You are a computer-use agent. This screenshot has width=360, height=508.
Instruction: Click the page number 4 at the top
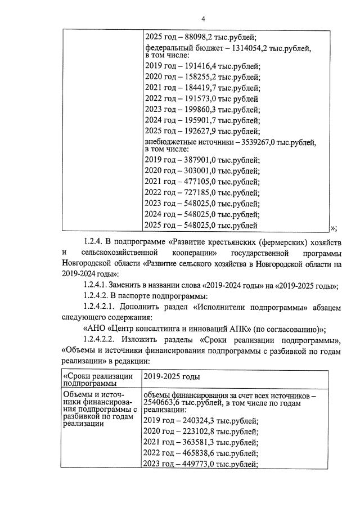(x=180, y=17)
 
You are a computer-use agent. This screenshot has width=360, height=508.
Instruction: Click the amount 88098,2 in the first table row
(x=200, y=38)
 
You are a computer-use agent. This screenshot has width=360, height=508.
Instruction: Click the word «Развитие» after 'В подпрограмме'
(x=185, y=242)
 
